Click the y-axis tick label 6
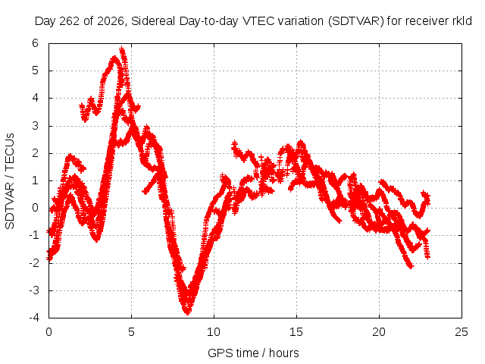tap(36, 43)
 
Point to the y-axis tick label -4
tap(34, 318)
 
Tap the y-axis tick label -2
tap(34, 263)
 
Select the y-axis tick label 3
tap(36, 126)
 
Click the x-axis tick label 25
tap(462, 332)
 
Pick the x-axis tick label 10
tap(214, 332)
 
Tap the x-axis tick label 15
tap(296, 332)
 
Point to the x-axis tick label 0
tap(48, 332)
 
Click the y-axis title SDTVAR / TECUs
tap(10, 181)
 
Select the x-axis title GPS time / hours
tap(253, 353)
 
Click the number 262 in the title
tap(69, 21)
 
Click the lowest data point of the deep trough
tap(187, 312)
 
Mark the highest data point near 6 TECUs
tap(122, 49)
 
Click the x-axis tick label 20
tap(379, 332)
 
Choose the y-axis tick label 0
tap(36, 208)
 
